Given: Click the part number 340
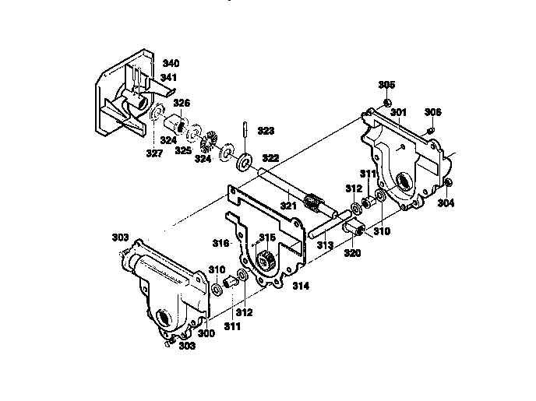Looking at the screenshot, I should (171, 63).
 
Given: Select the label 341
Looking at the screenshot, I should (169, 78).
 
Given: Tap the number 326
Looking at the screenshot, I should (182, 103).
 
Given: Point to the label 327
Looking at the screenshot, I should (153, 153).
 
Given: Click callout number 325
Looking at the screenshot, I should (183, 150).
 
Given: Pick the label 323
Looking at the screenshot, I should (266, 131).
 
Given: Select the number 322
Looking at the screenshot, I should (270, 158).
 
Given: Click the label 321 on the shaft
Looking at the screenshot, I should (288, 206).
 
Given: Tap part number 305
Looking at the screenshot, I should (386, 84).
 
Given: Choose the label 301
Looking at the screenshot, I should (399, 113).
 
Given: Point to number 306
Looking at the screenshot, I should (433, 112).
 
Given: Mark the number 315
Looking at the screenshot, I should (267, 237).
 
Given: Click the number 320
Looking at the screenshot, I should (353, 253).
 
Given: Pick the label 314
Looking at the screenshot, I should (301, 286).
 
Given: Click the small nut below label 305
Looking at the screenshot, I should (387, 102).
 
